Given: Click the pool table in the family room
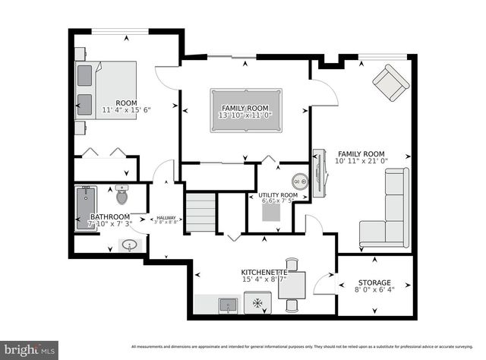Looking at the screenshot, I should coord(245,103).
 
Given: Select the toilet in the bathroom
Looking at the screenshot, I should coord(121,195).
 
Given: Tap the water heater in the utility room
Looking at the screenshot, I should coord(301,182).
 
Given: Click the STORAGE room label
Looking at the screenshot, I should coord(374,282).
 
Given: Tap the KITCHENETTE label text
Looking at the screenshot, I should coord(264,271).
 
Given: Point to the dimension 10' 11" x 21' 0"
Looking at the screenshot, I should coord(362,161).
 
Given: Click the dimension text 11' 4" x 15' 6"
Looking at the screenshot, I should coord(127,110).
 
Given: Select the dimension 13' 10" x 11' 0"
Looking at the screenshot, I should coord(245,115).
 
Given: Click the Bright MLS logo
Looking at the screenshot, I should coord(28,350).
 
